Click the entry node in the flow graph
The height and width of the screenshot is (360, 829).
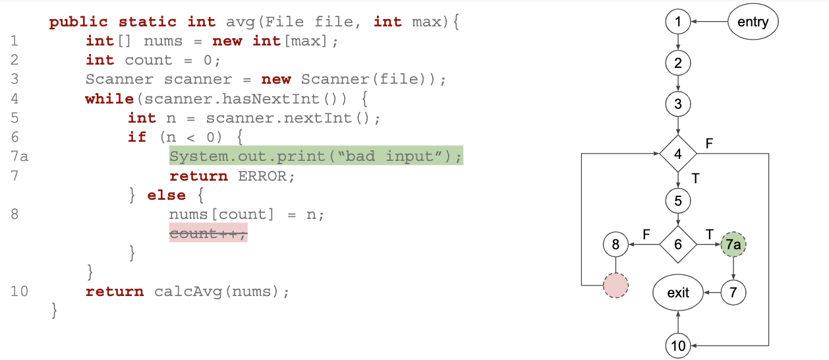[x=753, y=22]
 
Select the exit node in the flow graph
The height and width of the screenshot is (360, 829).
[x=678, y=291]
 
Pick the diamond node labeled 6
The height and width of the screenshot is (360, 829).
[x=678, y=245]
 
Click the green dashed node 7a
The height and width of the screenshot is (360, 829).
[x=733, y=245]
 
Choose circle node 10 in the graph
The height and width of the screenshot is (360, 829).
[x=678, y=345]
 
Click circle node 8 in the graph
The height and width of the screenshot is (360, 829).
[x=615, y=245]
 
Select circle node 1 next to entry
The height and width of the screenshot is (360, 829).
[x=678, y=22]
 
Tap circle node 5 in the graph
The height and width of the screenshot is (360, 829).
[x=678, y=199]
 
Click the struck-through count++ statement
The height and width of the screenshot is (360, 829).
[x=208, y=233]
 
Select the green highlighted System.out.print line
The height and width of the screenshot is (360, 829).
[x=316, y=156]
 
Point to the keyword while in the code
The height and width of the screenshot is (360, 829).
[x=109, y=99]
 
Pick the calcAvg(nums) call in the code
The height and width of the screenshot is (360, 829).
[x=221, y=291]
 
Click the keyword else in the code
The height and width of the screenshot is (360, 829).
[x=166, y=195]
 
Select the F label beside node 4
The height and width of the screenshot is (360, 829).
[x=708, y=142]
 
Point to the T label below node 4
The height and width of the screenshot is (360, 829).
[x=695, y=177]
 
